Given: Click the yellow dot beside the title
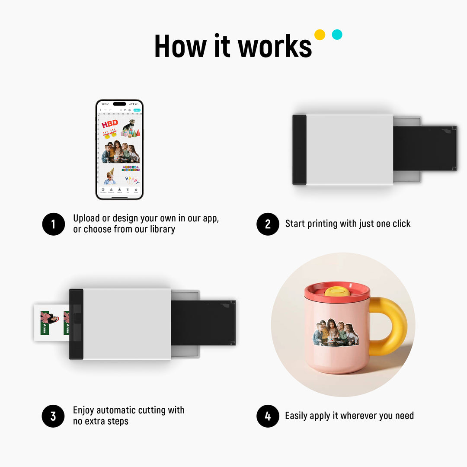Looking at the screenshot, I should (x=320, y=35).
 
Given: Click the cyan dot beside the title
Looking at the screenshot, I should (x=337, y=35).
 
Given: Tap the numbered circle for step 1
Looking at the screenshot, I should (x=53, y=224).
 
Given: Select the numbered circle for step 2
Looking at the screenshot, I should (x=268, y=224).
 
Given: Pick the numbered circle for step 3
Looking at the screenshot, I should (x=53, y=416).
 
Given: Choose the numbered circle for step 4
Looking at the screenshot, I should (x=268, y=416).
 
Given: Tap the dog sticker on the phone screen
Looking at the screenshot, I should (x=128, y=125).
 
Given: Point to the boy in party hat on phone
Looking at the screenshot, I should (x=110, y=176).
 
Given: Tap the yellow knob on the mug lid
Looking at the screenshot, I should (x=337, y=291).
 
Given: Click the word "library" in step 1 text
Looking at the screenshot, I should (x=162, y=229).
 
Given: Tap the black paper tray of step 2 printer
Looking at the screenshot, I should (x=425, y=148).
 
